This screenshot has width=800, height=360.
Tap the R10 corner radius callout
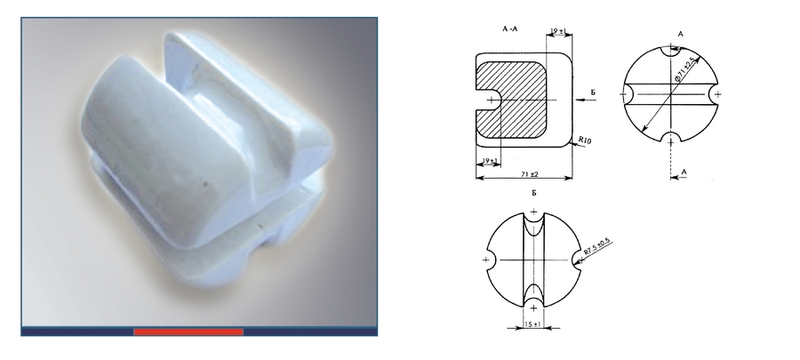click(x=585, y=140)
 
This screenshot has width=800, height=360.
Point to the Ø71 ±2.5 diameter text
click(x=684, y=70)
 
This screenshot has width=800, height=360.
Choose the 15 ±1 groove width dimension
click(x=533, y=324)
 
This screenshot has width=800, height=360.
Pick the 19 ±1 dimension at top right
click(x=558, y=32)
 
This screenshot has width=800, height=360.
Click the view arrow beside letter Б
click(x=585, y=100)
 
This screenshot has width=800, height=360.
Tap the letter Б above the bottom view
click(x=533, y=194)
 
